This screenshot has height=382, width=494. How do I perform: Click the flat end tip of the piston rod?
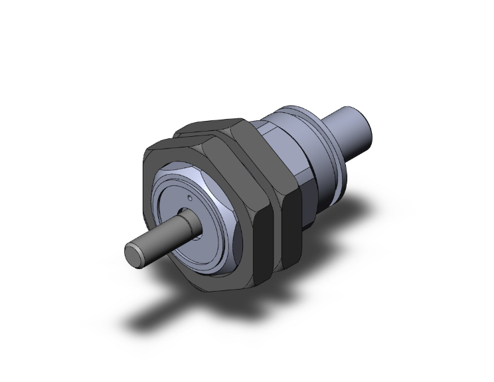133,256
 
